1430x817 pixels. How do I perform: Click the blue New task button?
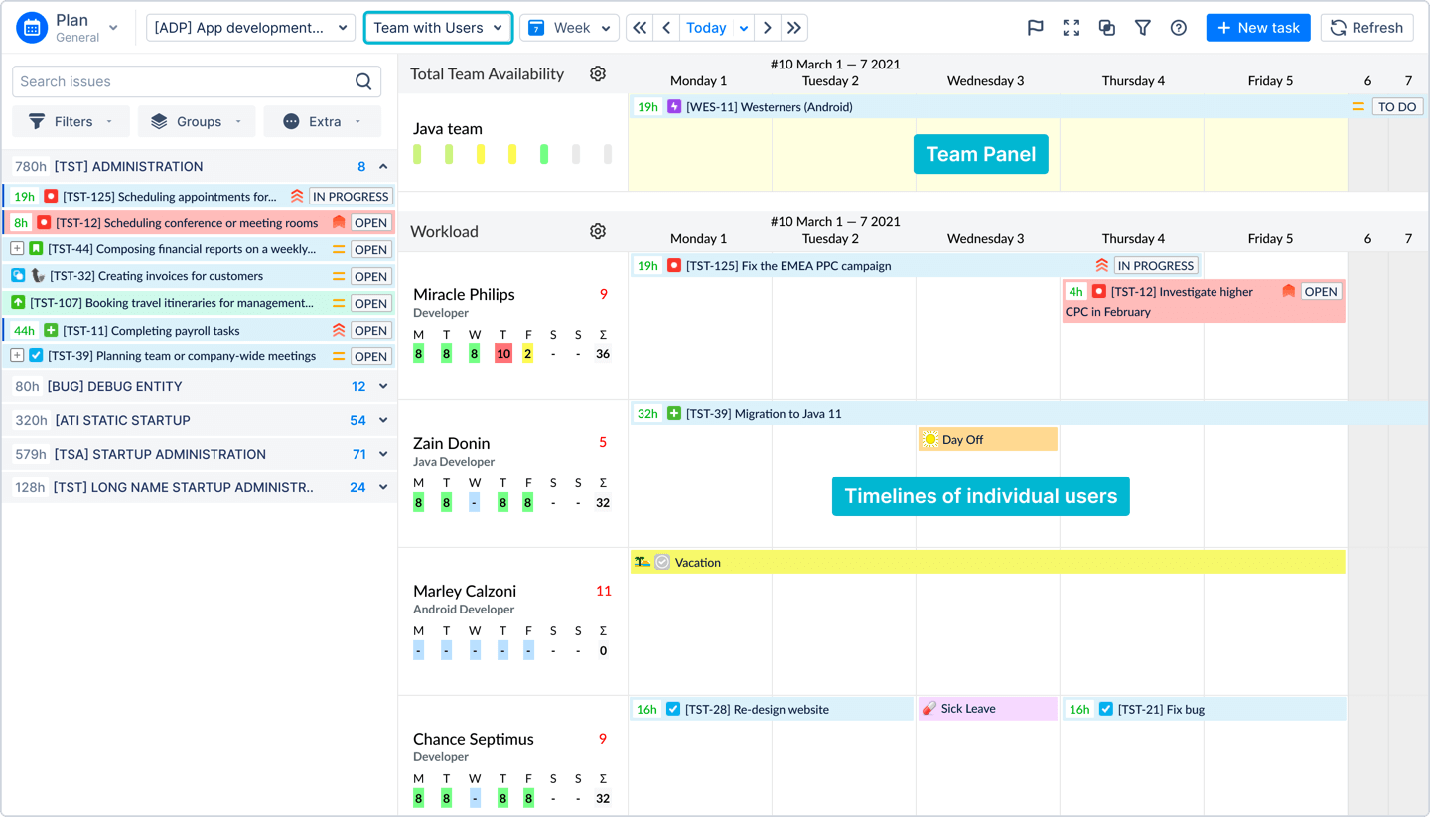coord(1257,28)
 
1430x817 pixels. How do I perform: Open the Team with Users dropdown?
coord(438,28)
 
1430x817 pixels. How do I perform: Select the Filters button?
coord(71,121)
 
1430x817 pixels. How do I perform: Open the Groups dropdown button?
coord(197,121)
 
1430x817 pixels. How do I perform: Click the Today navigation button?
coord(706,28)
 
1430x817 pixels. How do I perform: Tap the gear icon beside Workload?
coord(597,231)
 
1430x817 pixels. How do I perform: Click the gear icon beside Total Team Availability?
coord(597,73)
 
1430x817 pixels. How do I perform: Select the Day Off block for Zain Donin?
coord(987,439)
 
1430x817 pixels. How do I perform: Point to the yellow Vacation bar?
coord(987,562)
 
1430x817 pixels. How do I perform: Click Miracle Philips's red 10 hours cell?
coord(502,354)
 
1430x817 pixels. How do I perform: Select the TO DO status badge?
coord(1396,106)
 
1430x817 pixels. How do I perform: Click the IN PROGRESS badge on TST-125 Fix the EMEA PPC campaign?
coord(1155,265)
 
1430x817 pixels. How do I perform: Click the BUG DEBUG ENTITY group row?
coord(199,386)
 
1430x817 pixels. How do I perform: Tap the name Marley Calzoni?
coord(465,591)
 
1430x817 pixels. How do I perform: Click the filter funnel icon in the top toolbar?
coord(1142,28)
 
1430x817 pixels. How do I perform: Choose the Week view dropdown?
coord(569,28)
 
